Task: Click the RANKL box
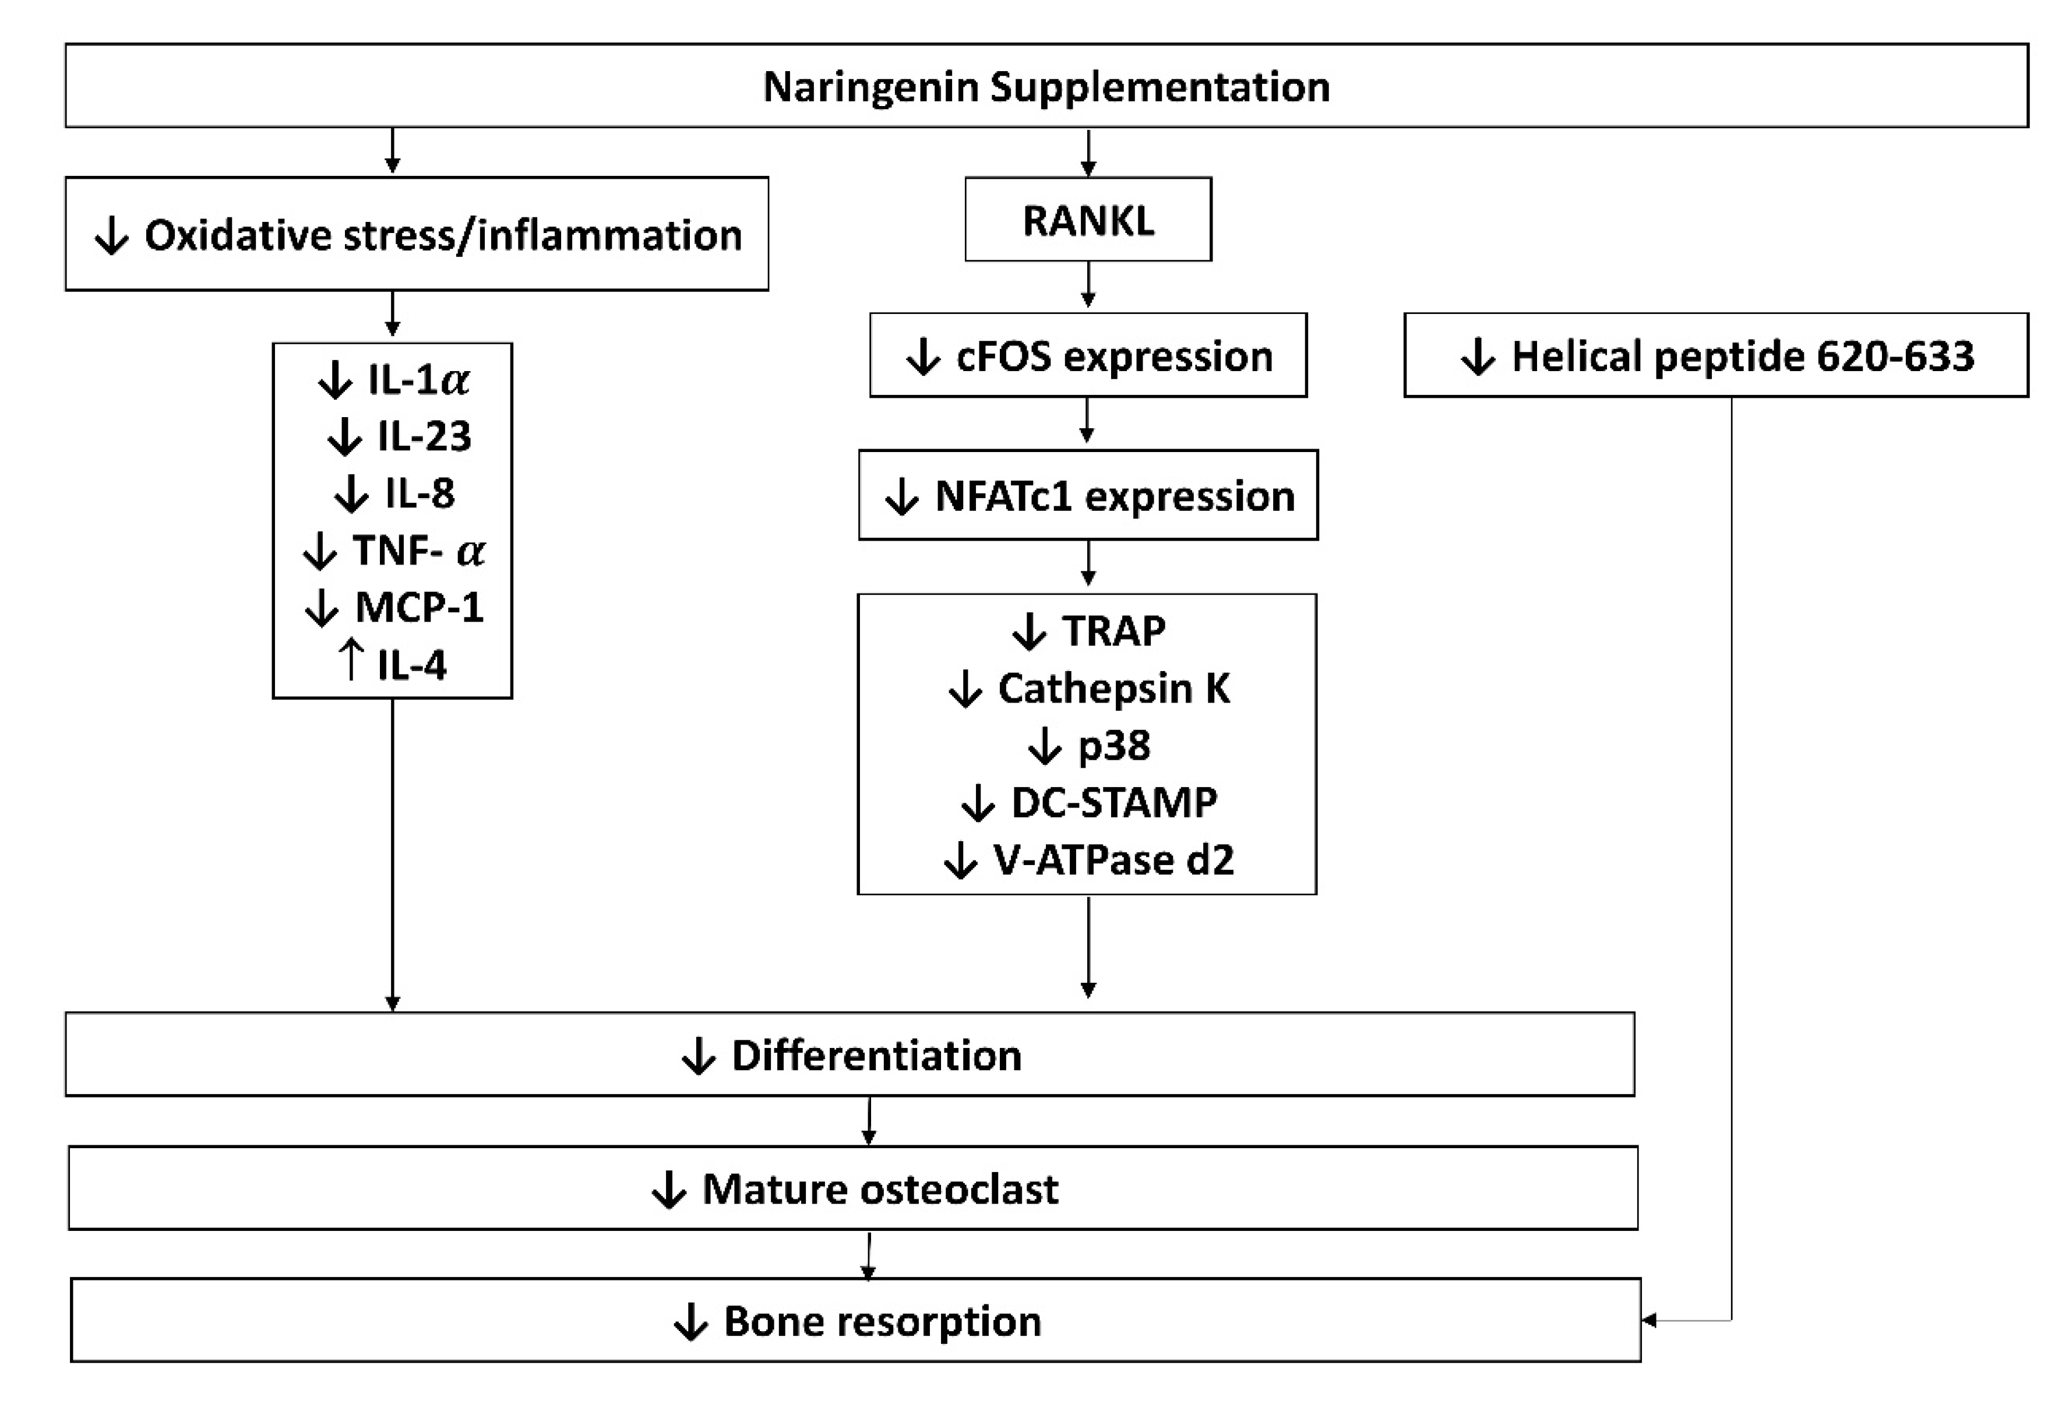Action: coord(1087,220)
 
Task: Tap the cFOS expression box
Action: coord(1087,355)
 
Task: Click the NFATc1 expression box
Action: coord(1087,495)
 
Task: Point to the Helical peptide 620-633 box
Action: coord(1715,355)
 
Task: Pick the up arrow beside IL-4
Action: coord(351,661)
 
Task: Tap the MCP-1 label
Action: coord(419,608)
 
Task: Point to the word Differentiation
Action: coord(876,1056)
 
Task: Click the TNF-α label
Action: coord(419,551)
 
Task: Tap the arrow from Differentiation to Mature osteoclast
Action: coord(869,1121)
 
